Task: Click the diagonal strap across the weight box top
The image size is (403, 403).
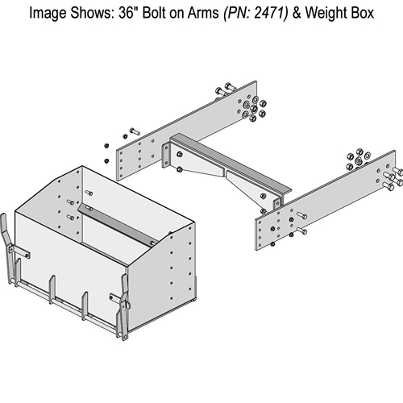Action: (116, 226)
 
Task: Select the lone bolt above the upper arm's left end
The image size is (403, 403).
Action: (133, 131)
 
